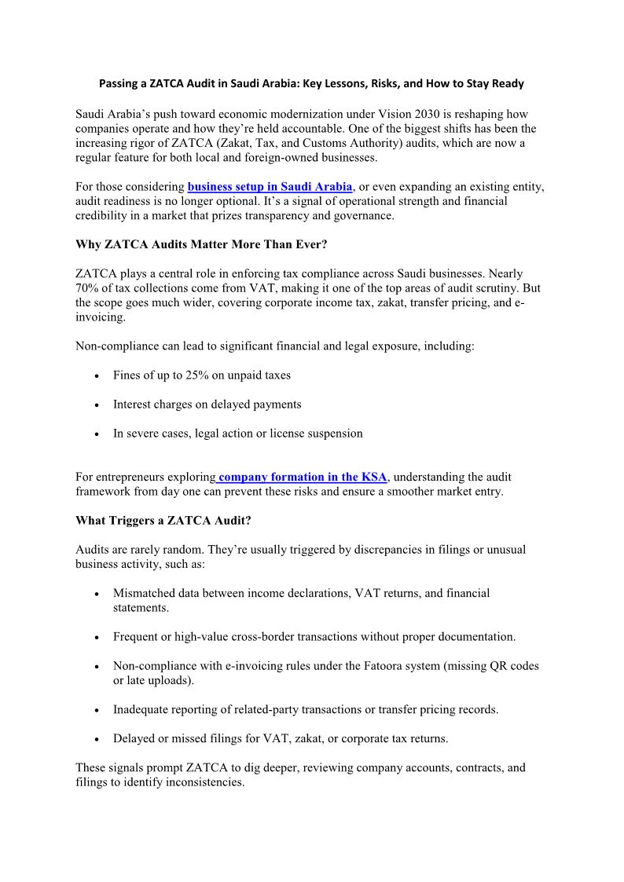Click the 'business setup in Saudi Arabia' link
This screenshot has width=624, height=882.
[x=270, y=187]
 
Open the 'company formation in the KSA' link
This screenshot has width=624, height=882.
[x=303, y=477]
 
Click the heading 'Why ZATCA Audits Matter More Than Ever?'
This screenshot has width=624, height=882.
[x=201, y=244]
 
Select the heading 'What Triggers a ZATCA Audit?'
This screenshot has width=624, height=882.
[x=163, y=520]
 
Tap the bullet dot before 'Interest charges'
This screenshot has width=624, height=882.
[x=96, y=405]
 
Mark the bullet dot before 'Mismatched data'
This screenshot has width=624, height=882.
[x=96, y=595]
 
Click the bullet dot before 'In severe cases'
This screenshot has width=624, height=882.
[x=96, y=434]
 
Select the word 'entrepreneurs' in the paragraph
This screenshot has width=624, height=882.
[x=136, y=477]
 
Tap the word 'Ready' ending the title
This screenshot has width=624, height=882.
[x=507, y=83]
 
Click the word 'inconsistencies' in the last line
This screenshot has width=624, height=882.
[x=205, y=782]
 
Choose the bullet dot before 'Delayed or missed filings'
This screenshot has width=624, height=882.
[x=96, y=740]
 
